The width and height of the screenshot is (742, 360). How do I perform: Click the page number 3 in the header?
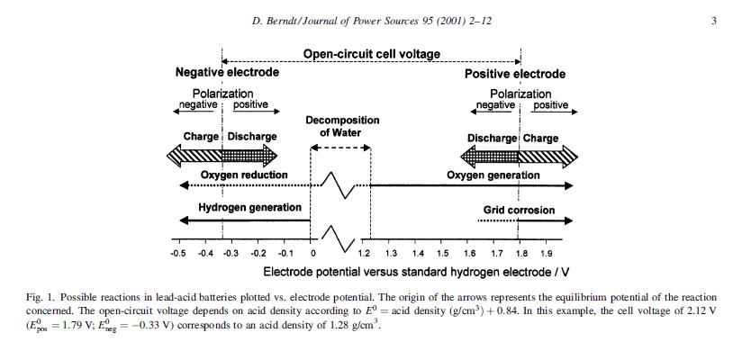point(714,21)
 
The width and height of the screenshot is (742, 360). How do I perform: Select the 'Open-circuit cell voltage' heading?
point(372,54)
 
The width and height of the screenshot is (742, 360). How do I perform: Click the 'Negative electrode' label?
point(227,73)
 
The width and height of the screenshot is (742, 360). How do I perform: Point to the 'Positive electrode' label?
point(515,74)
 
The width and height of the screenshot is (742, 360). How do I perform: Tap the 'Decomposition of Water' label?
point(342,127)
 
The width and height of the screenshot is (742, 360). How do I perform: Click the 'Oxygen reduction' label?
point(244,175)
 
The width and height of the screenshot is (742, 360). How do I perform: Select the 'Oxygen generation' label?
point(493,175)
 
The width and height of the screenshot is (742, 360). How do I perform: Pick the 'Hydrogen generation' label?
point(249,208)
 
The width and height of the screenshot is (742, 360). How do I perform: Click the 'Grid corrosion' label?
point(520,211)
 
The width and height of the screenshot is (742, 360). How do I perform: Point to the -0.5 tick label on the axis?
point(178,254)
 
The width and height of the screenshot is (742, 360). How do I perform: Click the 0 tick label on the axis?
point(312,254)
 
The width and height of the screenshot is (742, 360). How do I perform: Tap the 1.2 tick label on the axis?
point(365,254)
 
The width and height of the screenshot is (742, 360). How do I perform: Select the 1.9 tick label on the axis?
point(547,254)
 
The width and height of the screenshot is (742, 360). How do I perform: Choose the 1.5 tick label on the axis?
point(443,254)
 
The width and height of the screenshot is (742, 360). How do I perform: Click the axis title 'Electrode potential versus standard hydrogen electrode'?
point(416,271)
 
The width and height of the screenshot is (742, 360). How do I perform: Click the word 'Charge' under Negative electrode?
point(201,137)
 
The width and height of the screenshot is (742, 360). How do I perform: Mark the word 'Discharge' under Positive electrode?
point(492,139)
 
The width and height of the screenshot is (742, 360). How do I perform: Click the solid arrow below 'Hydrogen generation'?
point(244,220)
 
